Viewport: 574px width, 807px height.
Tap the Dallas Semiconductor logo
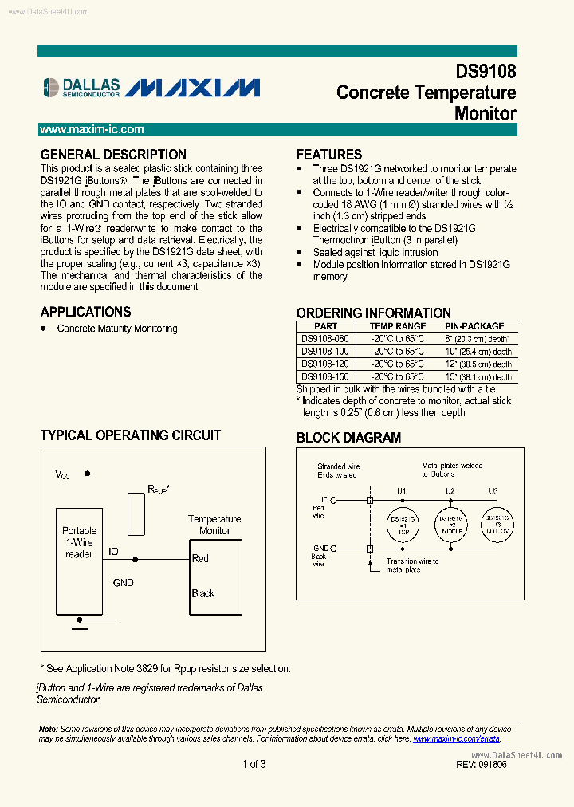click(81, 87)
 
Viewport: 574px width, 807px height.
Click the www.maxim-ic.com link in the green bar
click(92, 129)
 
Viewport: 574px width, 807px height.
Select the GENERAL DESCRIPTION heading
click(113, 155)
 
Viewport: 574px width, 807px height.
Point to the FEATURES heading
click(329, 155)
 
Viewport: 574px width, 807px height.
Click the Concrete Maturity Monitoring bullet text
click(117, 329)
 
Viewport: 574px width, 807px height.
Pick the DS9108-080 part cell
click(325, 338)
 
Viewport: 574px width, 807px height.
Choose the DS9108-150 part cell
click(325, 376)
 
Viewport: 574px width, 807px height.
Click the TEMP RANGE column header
click(397, 326)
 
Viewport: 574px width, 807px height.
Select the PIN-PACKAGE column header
click(474, 326)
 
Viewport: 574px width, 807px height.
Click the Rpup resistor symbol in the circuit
click(136, 514)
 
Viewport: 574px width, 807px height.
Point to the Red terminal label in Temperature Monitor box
click(200, 558)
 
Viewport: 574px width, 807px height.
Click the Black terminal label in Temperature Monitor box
click(203, 593)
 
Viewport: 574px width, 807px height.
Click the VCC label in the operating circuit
click(62, 474)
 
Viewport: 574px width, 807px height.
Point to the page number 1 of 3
click(254, 764)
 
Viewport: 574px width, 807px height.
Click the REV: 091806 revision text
click(482, 764)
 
